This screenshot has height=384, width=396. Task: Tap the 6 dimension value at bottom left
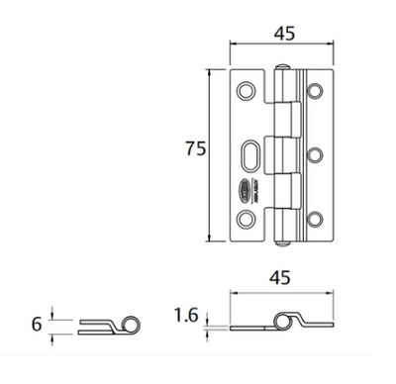click(x=36, y=324)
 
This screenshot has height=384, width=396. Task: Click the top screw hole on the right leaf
click(x=316, y=92)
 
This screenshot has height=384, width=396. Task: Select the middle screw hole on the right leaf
click(x=316, y=155)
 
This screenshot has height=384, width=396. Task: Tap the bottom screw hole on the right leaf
click(x=316, y=218)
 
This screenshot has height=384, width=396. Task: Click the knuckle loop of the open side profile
click(x=288, y=319)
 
